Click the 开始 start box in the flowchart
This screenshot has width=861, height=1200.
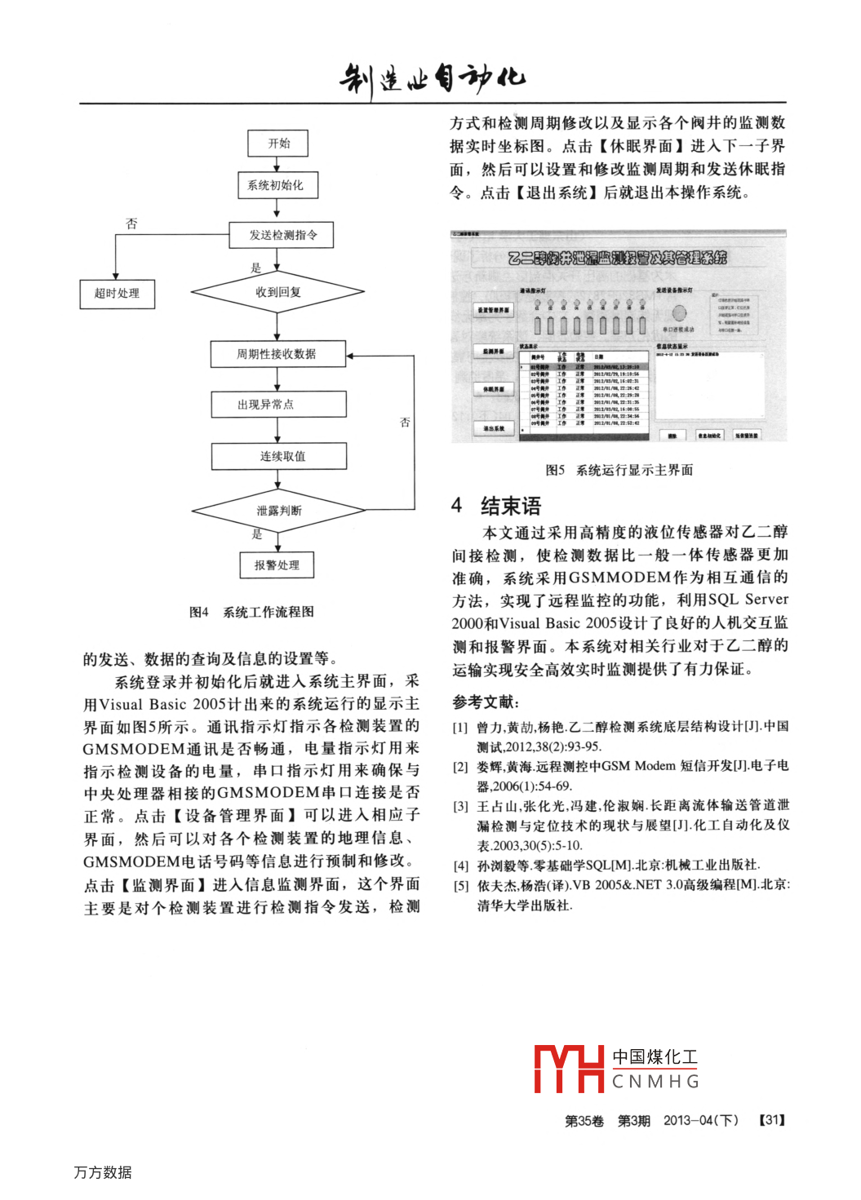point(277,144)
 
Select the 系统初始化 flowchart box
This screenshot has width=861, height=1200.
point(277,185)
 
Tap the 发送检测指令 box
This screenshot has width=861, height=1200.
point(282,235)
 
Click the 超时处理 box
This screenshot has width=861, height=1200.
point(118,294)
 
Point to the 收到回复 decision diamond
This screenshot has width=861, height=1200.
point(277,292)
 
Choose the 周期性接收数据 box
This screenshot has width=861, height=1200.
point(277,354)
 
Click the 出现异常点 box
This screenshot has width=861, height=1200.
point(277,405)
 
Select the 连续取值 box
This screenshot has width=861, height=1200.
point(279,456)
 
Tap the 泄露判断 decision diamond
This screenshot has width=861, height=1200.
point(278,511)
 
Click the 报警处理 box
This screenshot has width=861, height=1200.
point(277,565)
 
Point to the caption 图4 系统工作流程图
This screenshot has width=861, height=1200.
point(251,612)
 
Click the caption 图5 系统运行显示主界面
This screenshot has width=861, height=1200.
point(619,470)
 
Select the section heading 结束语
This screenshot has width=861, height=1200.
point(510,506)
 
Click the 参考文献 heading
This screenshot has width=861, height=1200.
point(486,702)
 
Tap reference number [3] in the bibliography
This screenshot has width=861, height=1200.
point(460,807)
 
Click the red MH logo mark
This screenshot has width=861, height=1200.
point(569,1069)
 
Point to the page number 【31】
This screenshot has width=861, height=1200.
point(771,1121)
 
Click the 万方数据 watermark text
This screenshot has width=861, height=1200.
point(103,1172)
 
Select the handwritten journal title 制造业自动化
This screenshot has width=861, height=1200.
point(433,79)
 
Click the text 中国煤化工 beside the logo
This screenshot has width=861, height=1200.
point(655,1057)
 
